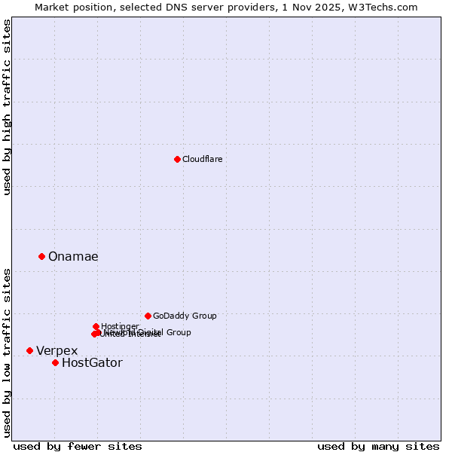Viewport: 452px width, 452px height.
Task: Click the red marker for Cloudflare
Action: [177, 159]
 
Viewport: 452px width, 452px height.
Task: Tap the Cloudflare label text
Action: [202, 159]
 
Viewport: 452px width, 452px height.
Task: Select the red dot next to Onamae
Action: [41, 256]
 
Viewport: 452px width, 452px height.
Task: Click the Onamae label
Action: [73, 257]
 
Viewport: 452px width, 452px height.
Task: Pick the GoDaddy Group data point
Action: [148, 316]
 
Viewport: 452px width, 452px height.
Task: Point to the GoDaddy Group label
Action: [185, 316]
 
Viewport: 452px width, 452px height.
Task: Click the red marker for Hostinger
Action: [96, 326]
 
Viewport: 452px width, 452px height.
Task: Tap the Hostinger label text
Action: [120, 325]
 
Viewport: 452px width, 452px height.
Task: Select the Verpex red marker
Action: [29, 350]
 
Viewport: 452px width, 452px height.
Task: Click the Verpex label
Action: [56, 351]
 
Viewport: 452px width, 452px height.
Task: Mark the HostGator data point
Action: [55, 362]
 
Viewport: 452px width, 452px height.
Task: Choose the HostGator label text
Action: [92, 363]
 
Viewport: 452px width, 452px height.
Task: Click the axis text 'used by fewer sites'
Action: [78, 446]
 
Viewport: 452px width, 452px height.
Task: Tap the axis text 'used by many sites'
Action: [378, 446]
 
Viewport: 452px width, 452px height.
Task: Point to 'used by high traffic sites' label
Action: [8, 107]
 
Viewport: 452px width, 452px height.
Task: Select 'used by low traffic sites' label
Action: [8, 353]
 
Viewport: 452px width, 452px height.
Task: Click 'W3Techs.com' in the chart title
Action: [387, 7]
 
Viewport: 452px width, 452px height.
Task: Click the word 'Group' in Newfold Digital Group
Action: [178, 332]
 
